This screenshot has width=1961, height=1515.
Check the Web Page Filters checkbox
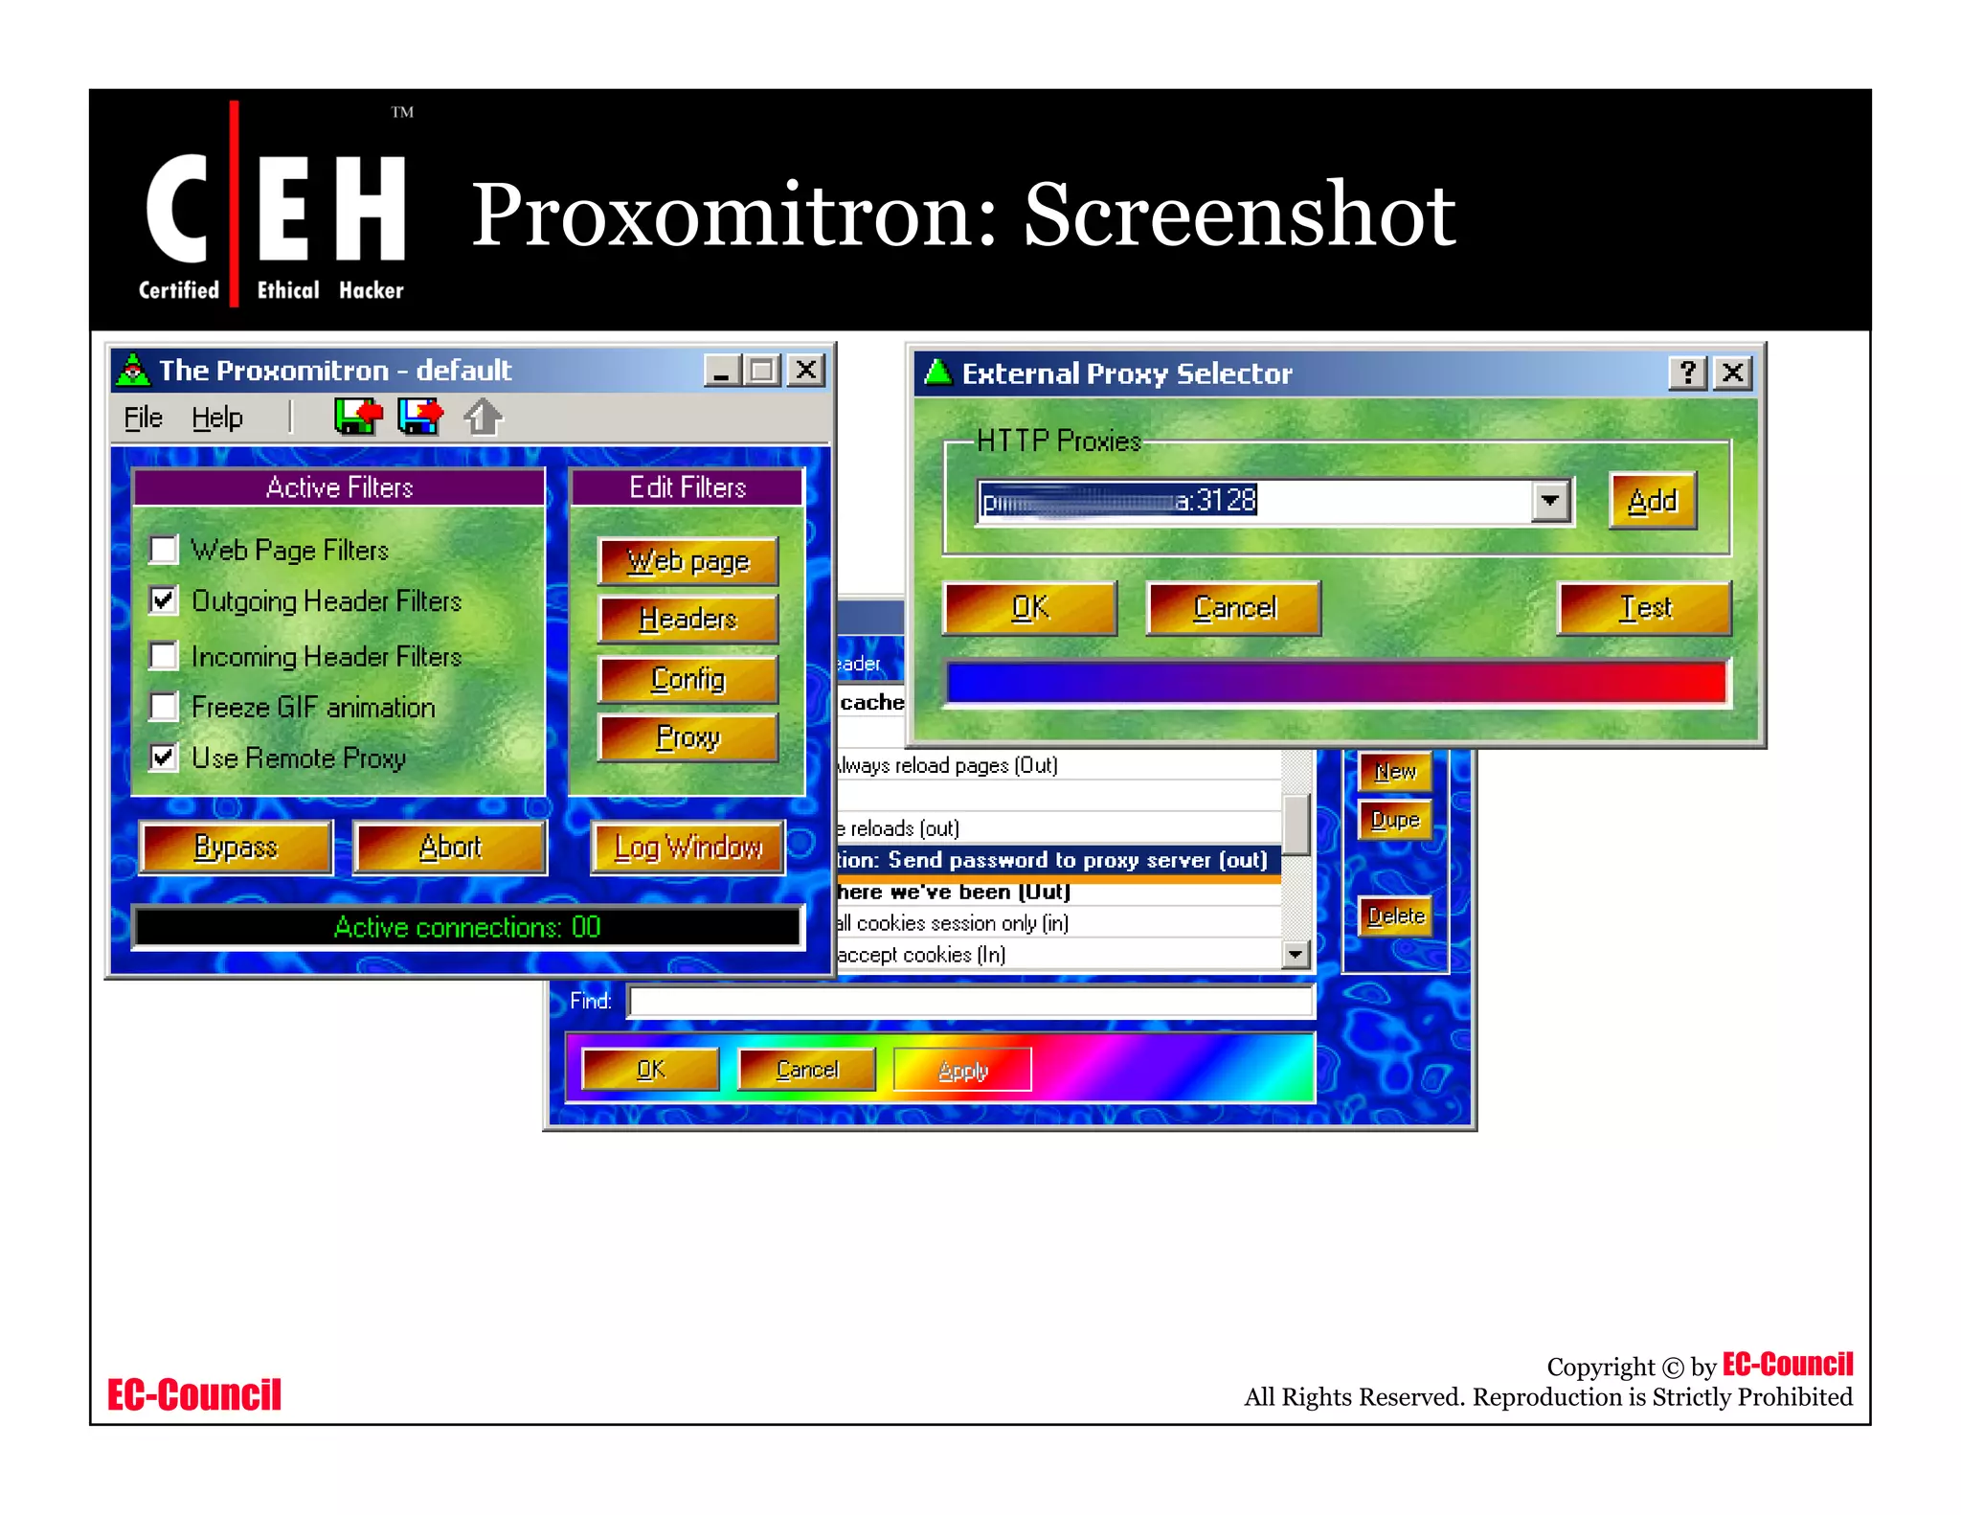(x=164, y=550)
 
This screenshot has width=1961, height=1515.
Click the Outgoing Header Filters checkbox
(x=164, y=600)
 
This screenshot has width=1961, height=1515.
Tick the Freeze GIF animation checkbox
(x=164, y=707)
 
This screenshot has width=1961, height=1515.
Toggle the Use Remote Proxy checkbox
(x=164, y=757)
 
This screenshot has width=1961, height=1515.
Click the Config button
(x=687, y=679)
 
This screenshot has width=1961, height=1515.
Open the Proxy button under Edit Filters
(x=687, y=737)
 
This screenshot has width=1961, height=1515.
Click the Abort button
(x=450, y=848)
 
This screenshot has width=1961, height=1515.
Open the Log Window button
(x=687, y=848)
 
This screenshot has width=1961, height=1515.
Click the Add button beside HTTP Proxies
(x=1653, y=501)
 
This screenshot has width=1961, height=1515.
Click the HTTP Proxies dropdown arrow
(x=1550, y=501)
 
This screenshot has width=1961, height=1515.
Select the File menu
(x=144, y=418)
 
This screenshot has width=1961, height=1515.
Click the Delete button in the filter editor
(x=1395, y=916)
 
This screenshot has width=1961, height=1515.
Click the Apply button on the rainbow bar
(x=962, y=1070)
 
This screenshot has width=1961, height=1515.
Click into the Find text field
(x=970, y=1002)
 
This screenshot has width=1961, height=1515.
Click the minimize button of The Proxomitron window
(x=721, y=371)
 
